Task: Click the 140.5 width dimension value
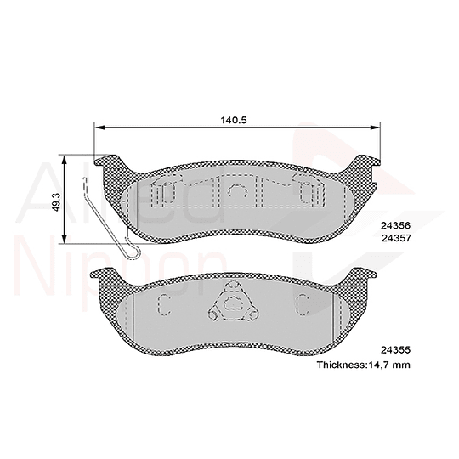point(233,120)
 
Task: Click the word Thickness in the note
point(343,364)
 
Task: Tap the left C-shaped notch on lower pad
point(163,304)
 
